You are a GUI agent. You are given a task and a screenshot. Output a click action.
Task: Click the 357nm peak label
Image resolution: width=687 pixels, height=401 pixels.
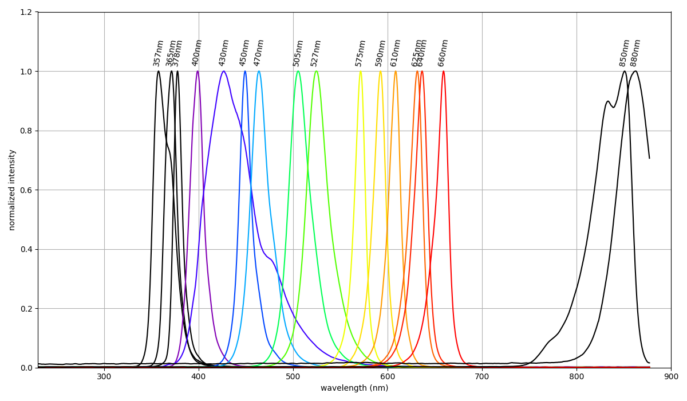[159, 53]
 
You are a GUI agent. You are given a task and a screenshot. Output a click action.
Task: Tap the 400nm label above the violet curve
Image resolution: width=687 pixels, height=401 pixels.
[198, 53]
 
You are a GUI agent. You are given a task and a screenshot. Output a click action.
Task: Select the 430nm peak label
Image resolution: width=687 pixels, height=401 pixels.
[224, 53]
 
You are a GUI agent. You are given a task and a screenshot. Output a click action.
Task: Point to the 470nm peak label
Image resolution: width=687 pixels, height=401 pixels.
[259, 53]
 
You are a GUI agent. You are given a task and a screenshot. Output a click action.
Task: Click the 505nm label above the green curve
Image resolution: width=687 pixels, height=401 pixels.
[298, 53]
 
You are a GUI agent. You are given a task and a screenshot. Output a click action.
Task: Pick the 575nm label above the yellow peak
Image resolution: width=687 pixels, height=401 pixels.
[360, 53]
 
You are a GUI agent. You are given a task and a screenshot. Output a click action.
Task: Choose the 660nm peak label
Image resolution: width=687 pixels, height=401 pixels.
[443, 53]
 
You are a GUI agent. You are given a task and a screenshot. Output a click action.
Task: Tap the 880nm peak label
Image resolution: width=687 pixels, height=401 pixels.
[635, 53]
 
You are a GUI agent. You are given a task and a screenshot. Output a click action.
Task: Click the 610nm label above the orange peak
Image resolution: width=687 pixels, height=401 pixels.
[396, 53]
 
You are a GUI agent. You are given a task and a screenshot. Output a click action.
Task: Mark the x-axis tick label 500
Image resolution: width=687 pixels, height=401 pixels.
[293, 376]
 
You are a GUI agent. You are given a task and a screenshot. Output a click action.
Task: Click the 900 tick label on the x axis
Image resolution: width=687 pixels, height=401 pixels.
[671, 376]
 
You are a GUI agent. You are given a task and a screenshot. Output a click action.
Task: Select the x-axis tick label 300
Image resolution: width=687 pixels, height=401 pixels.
[104, 376]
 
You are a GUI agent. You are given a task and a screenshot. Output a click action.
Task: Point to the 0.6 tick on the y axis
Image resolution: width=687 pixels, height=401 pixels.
[26, 190]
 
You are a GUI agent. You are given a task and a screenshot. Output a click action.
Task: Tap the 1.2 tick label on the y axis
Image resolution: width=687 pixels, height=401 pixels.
[26, 12]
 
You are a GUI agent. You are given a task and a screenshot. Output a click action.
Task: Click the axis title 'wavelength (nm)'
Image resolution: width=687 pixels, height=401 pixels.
[354, 388]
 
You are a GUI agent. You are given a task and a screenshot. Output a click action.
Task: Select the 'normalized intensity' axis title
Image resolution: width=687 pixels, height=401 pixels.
[12, 190]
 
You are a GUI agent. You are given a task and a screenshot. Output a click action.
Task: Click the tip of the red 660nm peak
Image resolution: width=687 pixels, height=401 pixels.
[443, 71]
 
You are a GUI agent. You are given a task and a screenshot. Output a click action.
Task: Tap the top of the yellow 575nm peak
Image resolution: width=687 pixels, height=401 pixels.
[360, 71]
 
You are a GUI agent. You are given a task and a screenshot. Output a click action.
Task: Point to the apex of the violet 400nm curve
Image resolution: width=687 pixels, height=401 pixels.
[198, 71]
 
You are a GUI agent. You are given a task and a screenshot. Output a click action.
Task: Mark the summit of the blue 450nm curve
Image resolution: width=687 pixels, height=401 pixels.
[245, 71]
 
